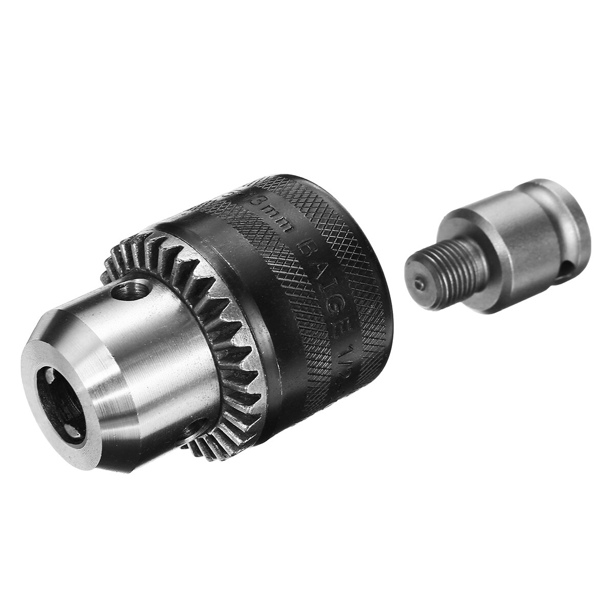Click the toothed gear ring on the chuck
tap(230, 348)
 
